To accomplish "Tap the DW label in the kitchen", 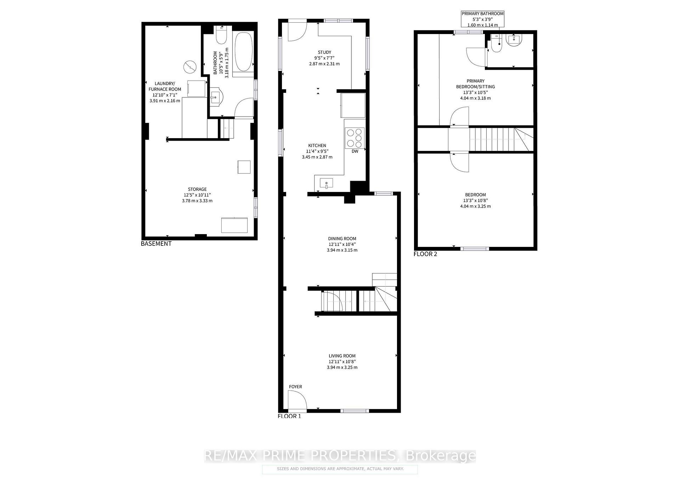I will pos(355,151).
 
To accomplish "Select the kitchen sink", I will pos(326,184).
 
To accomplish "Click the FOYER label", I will pos(295,386).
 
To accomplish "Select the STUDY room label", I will pos(324,52).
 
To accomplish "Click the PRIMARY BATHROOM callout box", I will pos(482,19).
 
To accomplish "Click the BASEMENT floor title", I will pos(156,244).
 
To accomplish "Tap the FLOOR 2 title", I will pos(425,254).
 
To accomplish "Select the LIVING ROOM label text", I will pos(342,356).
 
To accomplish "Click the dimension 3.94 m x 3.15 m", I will pos(342,250).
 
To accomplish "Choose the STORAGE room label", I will pos(197,189).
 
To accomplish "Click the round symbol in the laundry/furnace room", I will pos(190,67).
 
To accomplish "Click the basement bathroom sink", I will pos(215,97).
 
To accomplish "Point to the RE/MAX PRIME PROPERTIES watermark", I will pos(340,455).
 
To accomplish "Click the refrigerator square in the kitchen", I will pos(353,105).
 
